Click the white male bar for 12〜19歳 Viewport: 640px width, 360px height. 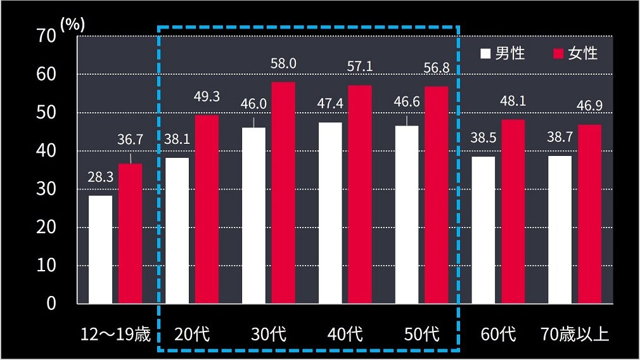[x=100, y=249]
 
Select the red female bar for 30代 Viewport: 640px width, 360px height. [x=283, y=193]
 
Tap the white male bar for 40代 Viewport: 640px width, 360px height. [x=330, y=213]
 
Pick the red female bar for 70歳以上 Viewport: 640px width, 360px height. [x=589, y=214]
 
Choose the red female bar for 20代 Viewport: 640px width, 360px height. [x=207, y=209]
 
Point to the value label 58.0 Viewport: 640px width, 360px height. [x=283, y=63]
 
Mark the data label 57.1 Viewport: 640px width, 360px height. [x=360, y=66]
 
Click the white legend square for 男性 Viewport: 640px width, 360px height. [x=485, y=53]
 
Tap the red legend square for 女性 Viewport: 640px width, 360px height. [x=558, y=53]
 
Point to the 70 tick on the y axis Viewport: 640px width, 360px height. [x=48, y=36]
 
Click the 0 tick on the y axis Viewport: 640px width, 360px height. [x=52, y=303]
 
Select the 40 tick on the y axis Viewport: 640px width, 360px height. [x=48, y=151]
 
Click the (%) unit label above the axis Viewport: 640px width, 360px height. [x=72, y=23]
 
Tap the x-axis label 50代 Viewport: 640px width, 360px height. [x=421, y=334]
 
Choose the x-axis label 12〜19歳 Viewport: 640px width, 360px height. [x=116, y=334]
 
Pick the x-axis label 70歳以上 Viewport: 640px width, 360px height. [x=575, y=334]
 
